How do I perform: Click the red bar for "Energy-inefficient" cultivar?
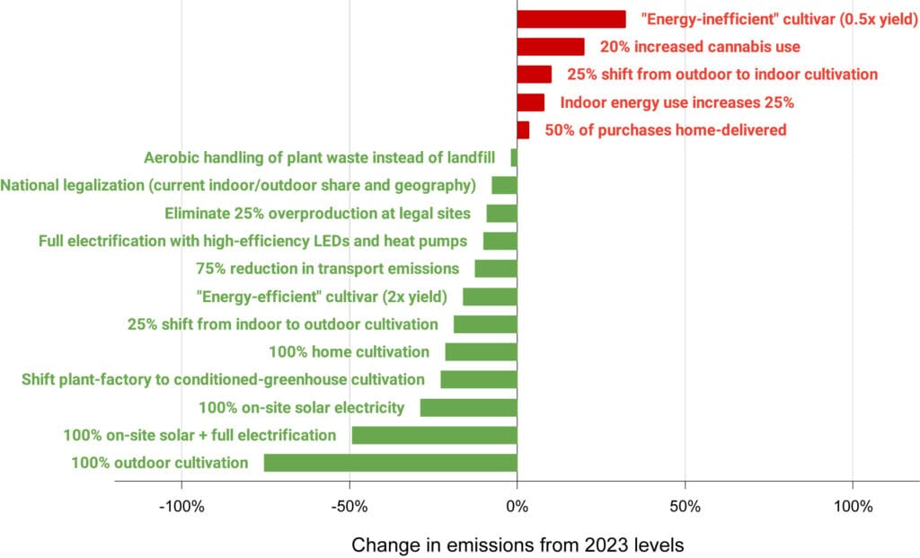(x=571, y=19)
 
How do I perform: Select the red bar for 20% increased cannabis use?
(x=550, y=47)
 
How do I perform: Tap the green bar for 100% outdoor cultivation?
(x=390, y=463)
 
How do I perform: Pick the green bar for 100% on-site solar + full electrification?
(x=434, y=436)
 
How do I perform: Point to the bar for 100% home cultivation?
(x=481, y=352)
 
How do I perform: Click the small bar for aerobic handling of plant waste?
(x=514, y=158)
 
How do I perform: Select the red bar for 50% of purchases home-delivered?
(x=523, y=130)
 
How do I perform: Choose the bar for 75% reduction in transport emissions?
(x=496, y=269)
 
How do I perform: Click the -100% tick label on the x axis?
(x=181, y=506)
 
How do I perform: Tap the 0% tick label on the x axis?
(x=517, y=506)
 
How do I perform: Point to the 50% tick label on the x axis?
(x=685, y=506)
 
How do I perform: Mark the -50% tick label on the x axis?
(x=349, y=506)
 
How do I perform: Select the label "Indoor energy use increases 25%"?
(x=677, y=102)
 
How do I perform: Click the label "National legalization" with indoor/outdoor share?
(x=238, y=186)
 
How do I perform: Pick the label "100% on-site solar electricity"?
(x=301, y=408)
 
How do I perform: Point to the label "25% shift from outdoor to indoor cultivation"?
(x=722, y=75)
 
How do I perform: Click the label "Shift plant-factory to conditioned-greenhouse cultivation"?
(x=223, y=380)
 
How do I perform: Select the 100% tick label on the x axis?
(x=853, y=506)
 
